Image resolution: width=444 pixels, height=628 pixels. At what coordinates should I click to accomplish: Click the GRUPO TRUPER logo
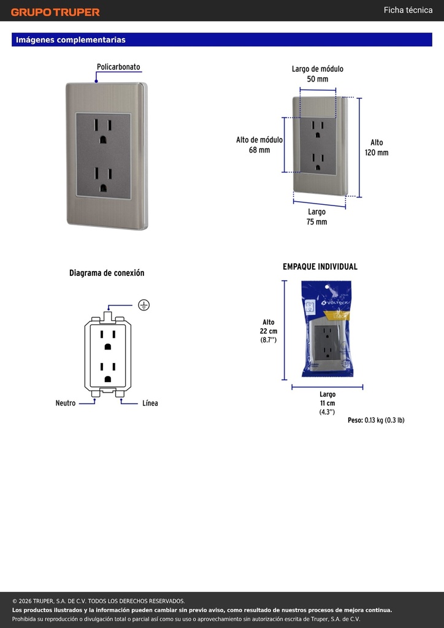[x=55, y=12]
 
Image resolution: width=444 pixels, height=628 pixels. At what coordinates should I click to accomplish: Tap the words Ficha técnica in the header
[x=408, y=10]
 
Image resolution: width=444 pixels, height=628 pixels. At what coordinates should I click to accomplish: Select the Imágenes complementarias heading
[x=71, y=40]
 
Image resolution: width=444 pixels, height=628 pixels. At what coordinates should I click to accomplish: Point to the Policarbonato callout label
[x=118, y=67]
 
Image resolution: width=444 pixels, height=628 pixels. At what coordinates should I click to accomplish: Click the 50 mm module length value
[x=318, y=79]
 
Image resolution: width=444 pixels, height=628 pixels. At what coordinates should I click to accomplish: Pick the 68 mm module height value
[x=259, y=150]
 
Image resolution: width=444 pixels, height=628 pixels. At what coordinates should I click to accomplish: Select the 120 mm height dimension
[x=377, y=153]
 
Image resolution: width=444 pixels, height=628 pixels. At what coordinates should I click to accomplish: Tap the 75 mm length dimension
[x=316, y=221]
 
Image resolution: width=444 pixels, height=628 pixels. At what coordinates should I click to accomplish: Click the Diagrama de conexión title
[x=107, y=273]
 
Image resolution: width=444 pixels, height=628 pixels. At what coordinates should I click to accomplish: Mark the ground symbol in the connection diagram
[x=144, y=305]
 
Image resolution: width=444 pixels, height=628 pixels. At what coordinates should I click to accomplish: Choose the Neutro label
[x=65, y=403]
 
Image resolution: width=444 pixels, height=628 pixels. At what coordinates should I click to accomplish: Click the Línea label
[x=150, y=403]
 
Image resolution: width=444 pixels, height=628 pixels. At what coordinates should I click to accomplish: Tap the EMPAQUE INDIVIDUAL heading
[x=320, y=267]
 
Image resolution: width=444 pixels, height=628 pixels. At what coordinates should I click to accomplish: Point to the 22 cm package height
[x=268, y=331]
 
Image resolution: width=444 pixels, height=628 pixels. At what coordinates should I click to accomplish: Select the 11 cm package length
[x=327, y=404]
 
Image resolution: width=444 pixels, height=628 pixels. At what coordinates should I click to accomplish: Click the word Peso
[x=355, y=420]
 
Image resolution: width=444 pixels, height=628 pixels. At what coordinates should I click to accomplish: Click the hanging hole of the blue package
[x=327, y=287]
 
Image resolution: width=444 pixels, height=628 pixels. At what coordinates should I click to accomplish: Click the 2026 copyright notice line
[x=99, y=601]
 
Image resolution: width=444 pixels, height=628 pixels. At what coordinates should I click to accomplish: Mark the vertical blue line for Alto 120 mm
[x=359, y=147]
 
